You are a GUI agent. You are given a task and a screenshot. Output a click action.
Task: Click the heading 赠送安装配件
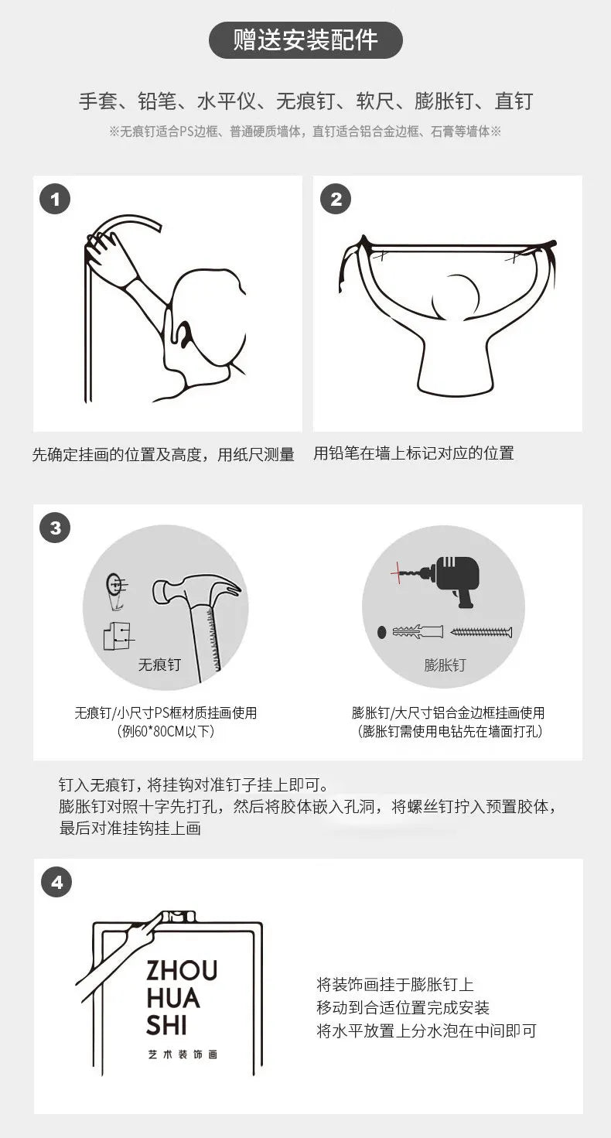[305, 40]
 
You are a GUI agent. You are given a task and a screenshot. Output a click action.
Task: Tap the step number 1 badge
[55, 199]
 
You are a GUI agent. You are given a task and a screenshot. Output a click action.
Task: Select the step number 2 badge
[336, 199]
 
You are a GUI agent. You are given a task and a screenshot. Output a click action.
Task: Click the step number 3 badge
[55, 528]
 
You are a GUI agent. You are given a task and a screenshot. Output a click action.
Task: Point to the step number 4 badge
[56, 882]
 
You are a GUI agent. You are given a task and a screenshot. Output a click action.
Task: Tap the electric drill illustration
[455, 579]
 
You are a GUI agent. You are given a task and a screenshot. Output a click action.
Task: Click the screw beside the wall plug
[481, 632]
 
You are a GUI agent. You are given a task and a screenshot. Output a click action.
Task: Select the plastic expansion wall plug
[418, 631]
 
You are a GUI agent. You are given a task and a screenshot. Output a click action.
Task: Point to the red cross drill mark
[398, 573]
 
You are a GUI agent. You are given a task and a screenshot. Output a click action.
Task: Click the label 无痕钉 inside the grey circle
[159, 665]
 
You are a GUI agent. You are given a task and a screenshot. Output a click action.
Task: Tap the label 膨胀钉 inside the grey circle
[445, 665]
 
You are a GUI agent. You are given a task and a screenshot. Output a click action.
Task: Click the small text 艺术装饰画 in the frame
[183, 1054]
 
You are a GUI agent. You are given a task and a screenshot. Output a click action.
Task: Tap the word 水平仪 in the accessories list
[227, 101]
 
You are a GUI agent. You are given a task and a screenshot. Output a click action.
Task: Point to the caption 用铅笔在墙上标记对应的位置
[414, 453]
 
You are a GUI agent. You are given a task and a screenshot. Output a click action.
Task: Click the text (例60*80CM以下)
[166, 731]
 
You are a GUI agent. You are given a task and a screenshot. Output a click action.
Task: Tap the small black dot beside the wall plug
[382, 632]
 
